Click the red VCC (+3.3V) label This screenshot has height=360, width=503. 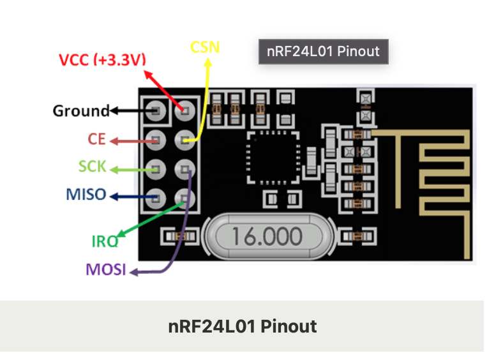(x=102, y=60)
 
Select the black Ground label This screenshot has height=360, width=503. (x=81, y=111)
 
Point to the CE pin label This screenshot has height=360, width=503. (x=96, y=139)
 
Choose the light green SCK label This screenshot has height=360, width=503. (x=92, y=167)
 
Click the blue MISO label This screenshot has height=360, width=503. (x=86, y=194)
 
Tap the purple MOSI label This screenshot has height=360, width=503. (x=106, y=269)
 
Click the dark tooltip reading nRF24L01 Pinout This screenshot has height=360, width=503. (x=322, y=51)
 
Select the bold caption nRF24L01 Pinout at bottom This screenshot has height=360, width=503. (x=242, y=326)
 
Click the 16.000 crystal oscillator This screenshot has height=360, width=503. (x=267, y=236)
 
